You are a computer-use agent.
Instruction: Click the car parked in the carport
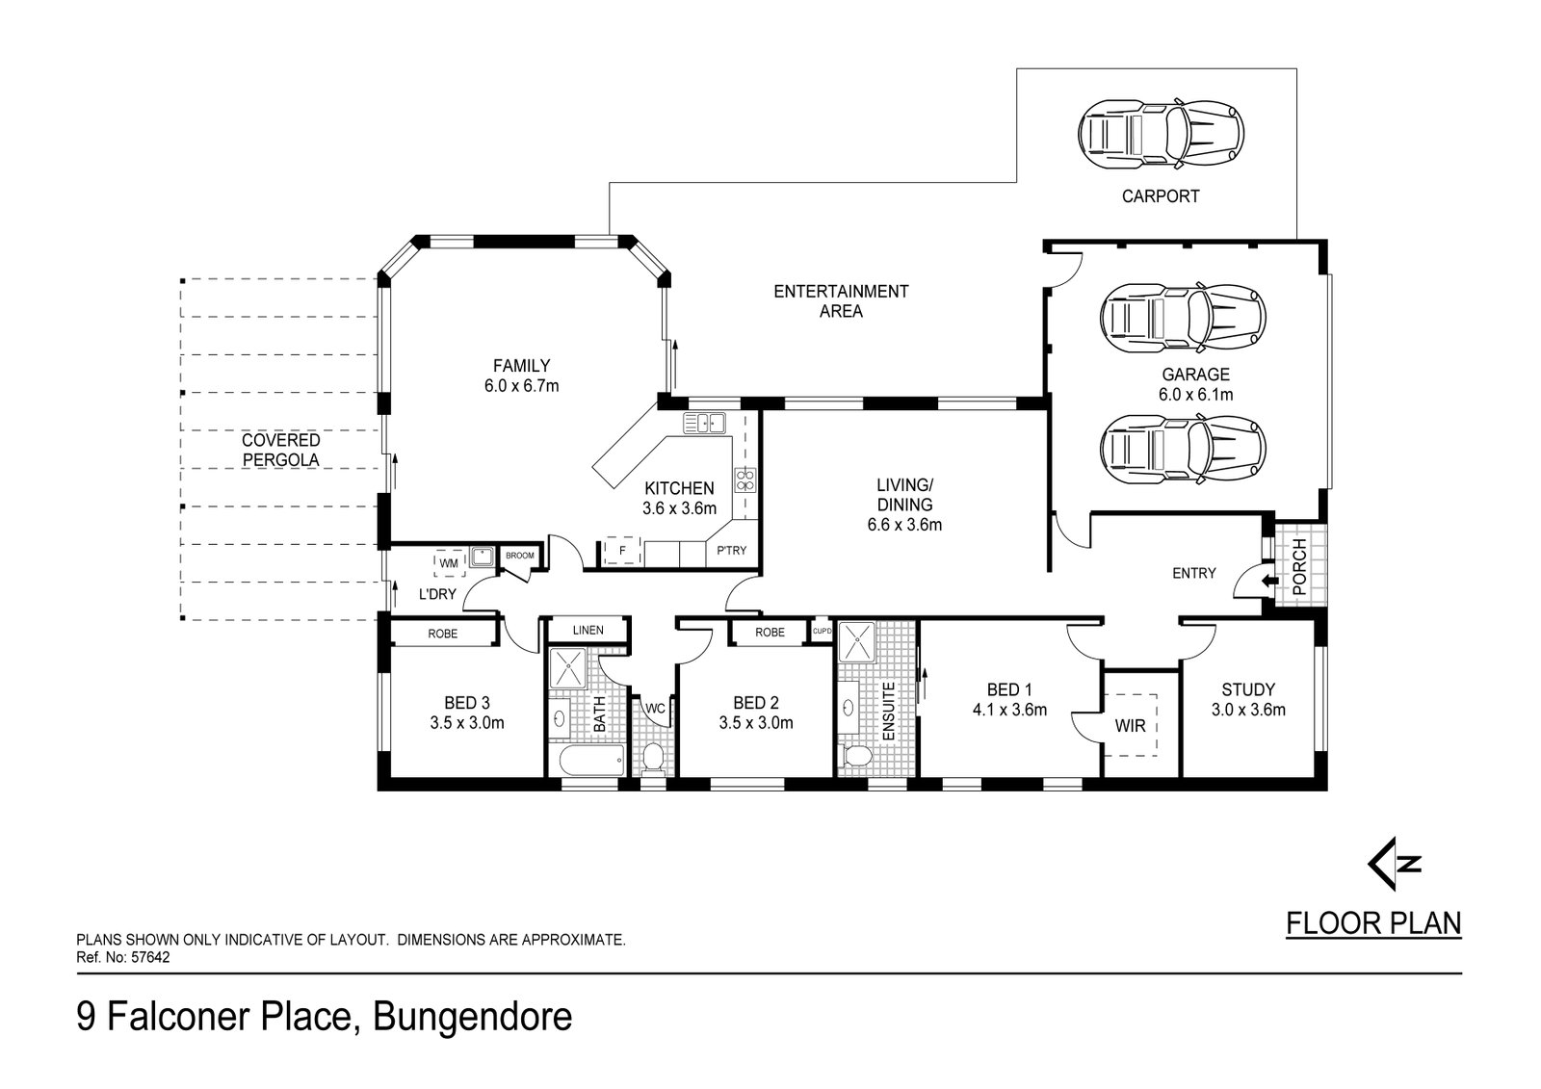tap(1162, 134)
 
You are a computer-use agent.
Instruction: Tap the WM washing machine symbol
tap(449, 563)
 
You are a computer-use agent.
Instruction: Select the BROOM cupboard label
tap(520, 556)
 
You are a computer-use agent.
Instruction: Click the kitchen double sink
tap(704, 423)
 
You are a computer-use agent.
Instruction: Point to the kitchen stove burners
tap(745, 480)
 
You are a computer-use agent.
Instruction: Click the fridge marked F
tap(622, 551)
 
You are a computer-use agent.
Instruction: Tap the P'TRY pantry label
tap(731, 551)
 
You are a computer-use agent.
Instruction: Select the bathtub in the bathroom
tap(592, 760)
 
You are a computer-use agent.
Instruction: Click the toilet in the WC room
tap(652, 758)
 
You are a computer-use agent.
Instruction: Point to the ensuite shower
tap(857, 642)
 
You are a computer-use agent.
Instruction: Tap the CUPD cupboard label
tap(823, 631)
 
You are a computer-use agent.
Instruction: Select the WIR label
tap(1131, 726)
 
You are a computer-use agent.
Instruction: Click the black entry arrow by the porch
tap(1270, 582)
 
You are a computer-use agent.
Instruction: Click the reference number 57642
tap(150, 957)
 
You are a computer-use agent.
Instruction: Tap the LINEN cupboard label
tap(588, 630)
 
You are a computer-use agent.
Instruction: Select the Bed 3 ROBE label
tap(442, 634)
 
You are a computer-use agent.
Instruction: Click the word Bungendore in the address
tap(473, 1018)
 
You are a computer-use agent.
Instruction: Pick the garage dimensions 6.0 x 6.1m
tap(1196, 395)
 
